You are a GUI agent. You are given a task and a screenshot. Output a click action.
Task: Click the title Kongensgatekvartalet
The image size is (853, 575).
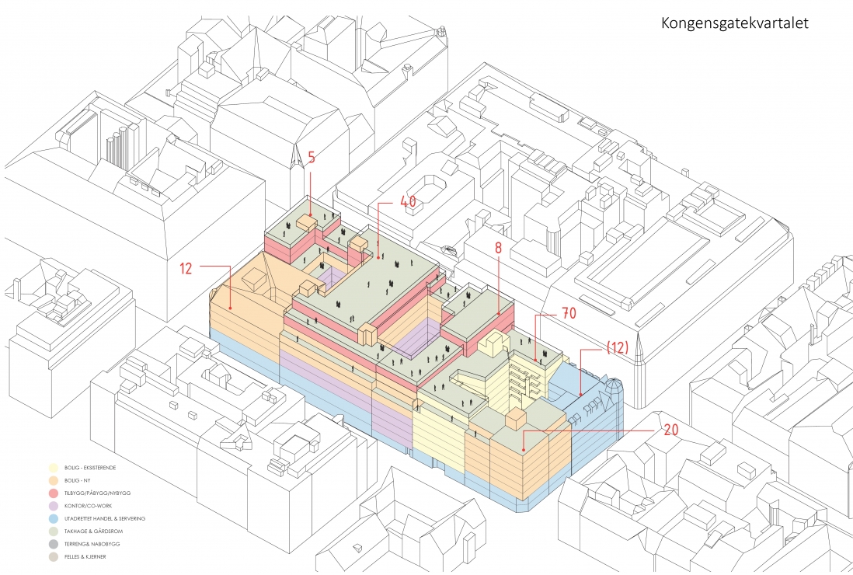(734, 23)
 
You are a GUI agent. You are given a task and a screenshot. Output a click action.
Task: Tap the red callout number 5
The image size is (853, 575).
(311, 158)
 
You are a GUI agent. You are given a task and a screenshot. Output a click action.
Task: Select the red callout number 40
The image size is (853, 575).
(408, 201)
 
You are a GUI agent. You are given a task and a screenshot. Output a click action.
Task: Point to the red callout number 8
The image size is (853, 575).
(498, 249)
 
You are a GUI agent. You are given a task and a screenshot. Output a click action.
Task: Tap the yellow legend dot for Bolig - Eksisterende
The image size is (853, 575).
(52, 469)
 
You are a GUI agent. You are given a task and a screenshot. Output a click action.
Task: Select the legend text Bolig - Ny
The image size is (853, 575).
(82, 481)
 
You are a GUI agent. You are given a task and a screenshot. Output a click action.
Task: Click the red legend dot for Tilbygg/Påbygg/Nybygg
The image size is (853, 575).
(52, 493)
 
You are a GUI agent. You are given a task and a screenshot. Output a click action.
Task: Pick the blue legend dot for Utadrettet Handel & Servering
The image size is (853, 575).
(52, 518)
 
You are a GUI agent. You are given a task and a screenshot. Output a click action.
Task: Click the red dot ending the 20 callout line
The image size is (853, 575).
(524, 448)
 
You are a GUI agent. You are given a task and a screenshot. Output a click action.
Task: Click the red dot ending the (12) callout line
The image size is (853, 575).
(580, 396)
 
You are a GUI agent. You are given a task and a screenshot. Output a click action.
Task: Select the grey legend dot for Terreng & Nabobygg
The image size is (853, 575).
(52, 544)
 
